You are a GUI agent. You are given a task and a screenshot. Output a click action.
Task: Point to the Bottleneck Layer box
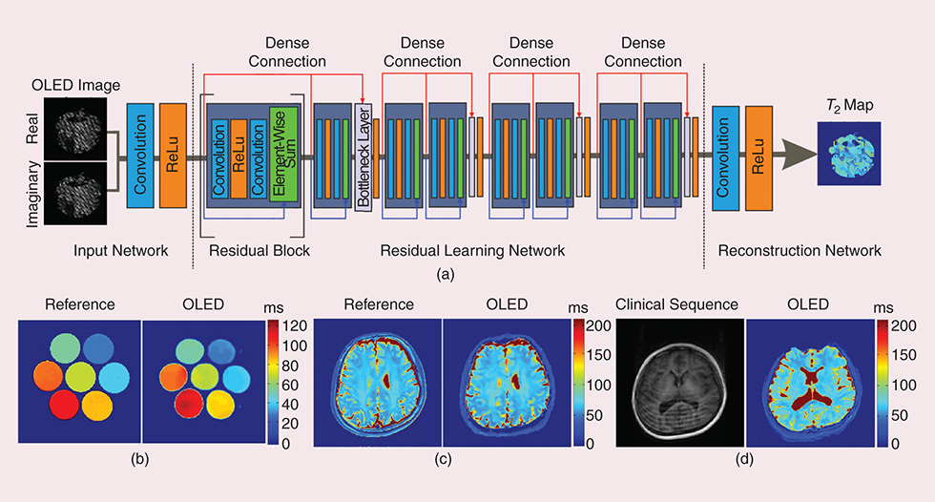(363, 157)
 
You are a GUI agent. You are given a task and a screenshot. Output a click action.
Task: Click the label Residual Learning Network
(472, 251)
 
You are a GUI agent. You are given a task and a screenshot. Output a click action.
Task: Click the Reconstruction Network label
(799, 251)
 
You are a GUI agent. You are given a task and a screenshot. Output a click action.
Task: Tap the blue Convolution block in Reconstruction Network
(723, 157)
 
